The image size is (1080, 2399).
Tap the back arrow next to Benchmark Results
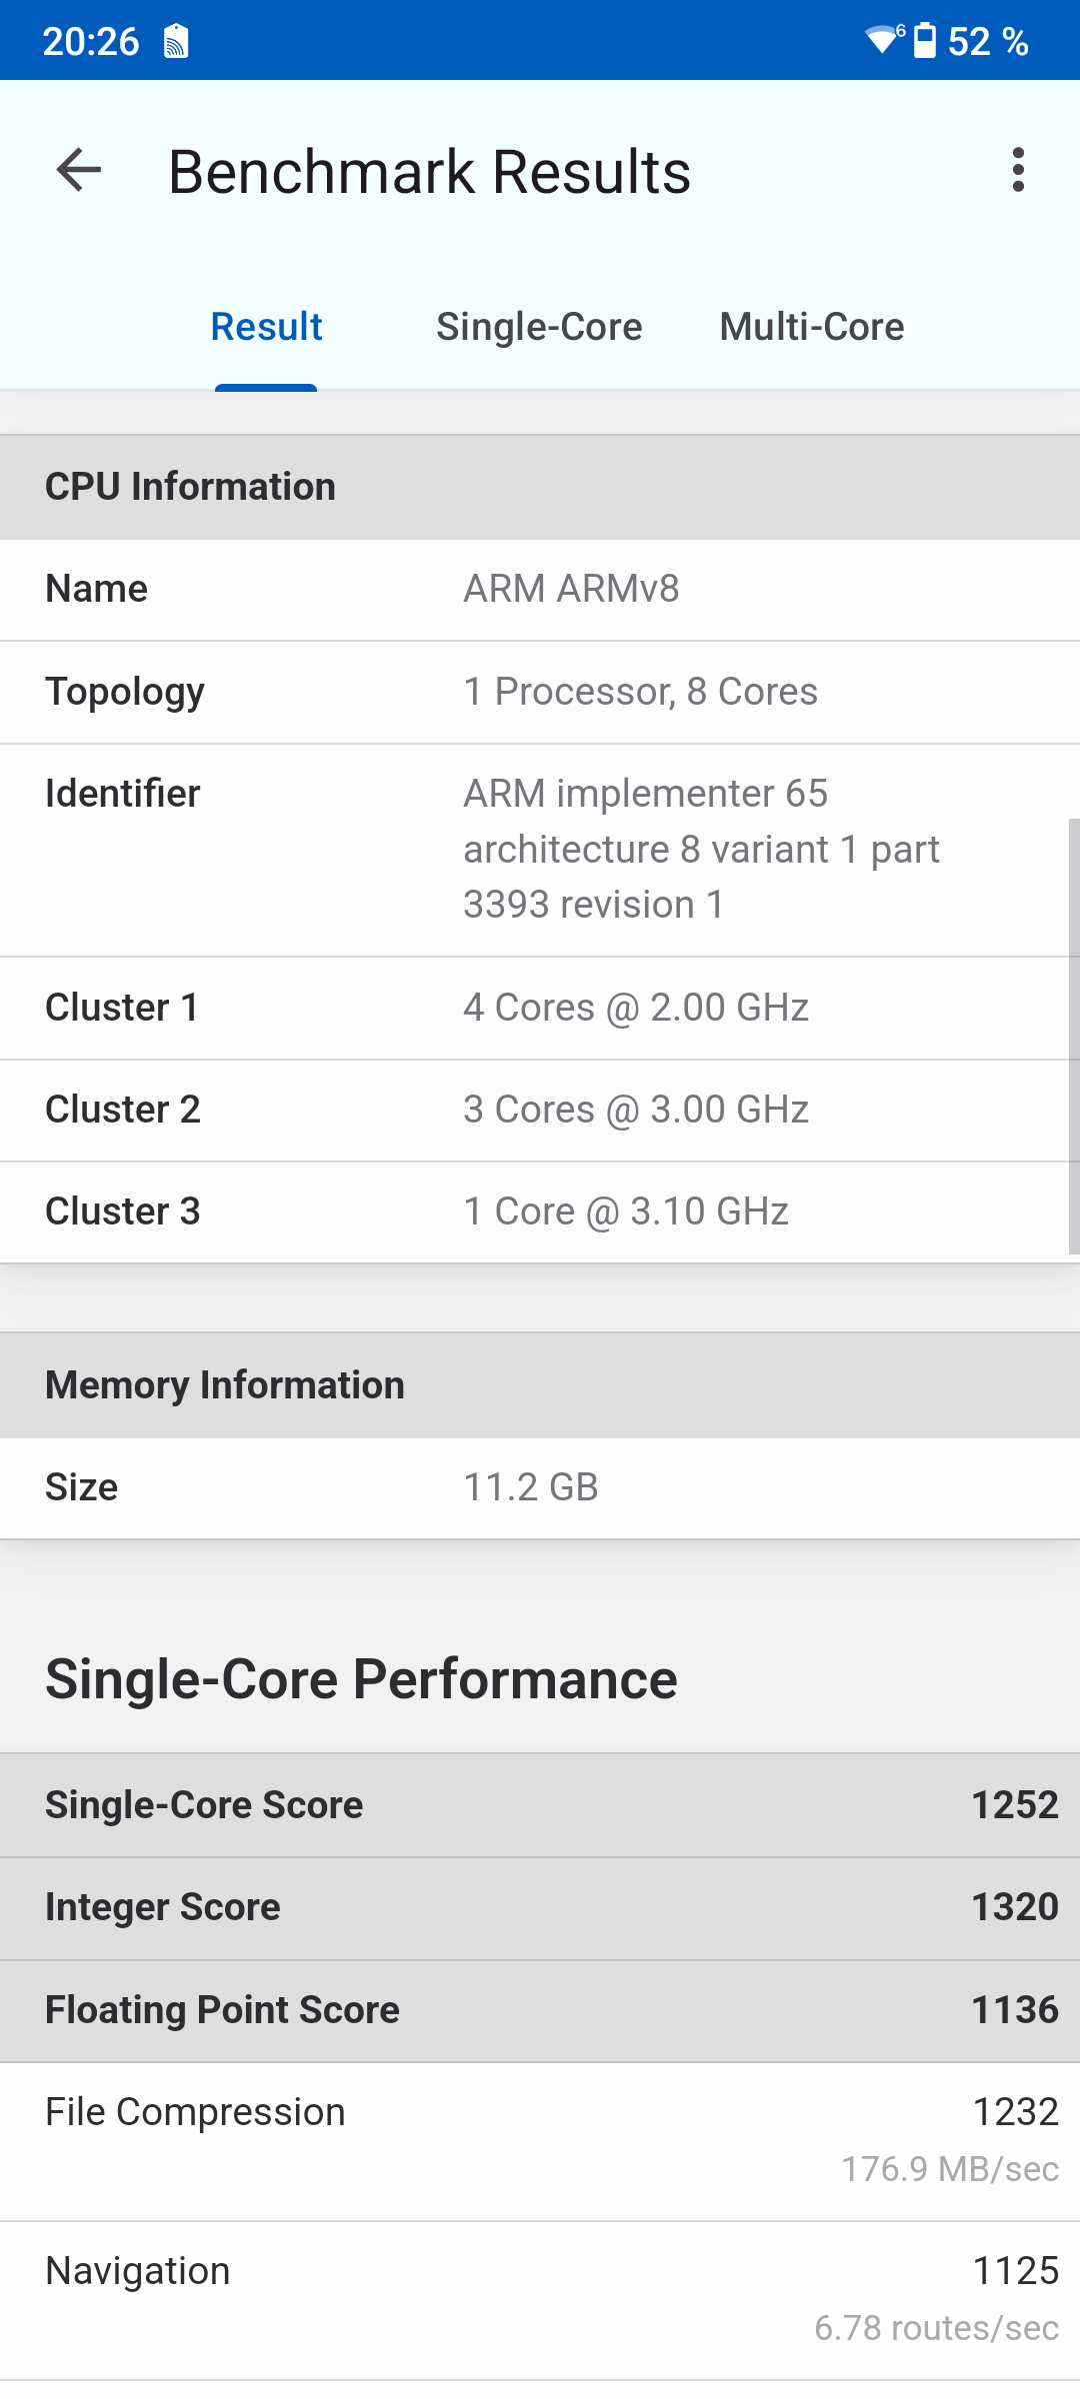coord(79,170)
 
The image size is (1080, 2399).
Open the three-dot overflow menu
coord(1018,170)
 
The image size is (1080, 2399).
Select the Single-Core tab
coord(539,327)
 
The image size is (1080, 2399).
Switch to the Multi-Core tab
coord(811,327)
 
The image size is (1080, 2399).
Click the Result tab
coord(266,327)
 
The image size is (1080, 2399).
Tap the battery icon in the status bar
coord(925,41)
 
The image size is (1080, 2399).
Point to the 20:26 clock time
coord(90,42)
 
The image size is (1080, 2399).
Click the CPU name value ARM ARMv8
coord(571,589)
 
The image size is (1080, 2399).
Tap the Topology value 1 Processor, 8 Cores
coord(640,692)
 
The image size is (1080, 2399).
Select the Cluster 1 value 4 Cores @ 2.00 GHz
coord(635,1008)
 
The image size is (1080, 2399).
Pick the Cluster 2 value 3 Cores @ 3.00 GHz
coord(635,1110)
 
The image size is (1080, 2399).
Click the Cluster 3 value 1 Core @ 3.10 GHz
coord(625,1211)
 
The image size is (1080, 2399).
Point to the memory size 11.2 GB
coord(530,1487)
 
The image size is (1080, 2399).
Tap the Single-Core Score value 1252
coord(1014,1805)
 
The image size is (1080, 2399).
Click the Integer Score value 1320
coord(1014,1907)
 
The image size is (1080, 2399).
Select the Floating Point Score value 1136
coord(1014,2010)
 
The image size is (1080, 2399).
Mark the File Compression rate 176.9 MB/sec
coord(949,2169)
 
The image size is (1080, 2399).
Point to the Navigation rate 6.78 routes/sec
coord(936,2328)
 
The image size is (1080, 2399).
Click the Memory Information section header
coord(225,1385)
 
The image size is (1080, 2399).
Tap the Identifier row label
coord(123,794)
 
